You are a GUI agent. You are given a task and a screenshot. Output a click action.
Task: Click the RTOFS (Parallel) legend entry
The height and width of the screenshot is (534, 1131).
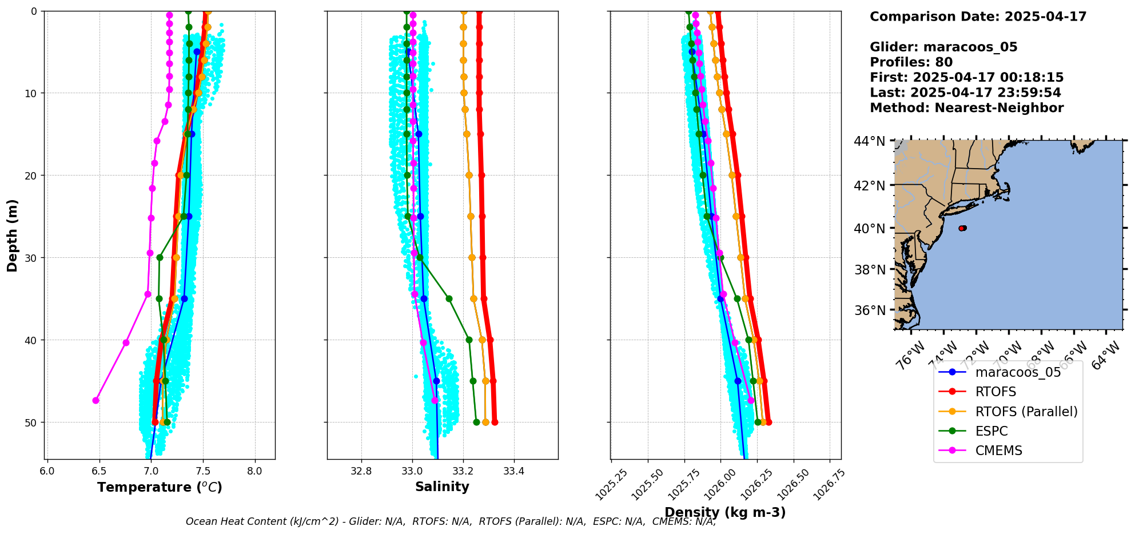[x=1026, y=412]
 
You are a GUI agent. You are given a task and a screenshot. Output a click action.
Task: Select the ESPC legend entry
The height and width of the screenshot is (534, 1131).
[x=991, y=431]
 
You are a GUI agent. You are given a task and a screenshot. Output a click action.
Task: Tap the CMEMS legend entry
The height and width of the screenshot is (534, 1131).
[x=998, y=451]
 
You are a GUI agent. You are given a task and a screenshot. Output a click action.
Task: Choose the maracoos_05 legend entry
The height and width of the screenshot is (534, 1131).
[x=1018, y=372]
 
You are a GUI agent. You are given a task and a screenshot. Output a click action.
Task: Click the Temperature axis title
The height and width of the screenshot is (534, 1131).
[x=160, y=487]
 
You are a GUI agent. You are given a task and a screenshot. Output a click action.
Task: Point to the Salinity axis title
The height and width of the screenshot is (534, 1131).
[x=442, y=487]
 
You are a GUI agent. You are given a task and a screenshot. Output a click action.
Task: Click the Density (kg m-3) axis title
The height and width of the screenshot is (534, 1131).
[x=725, y=512]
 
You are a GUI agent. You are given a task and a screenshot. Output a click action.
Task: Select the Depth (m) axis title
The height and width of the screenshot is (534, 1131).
[x=13, y=235]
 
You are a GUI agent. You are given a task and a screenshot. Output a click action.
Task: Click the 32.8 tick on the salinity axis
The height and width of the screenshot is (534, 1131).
[x=361, y=471]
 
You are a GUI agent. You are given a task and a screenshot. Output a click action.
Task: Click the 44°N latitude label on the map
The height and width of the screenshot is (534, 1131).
[x=869, y=141]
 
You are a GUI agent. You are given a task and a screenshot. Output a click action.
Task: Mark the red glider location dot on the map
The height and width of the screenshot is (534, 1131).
[x=962, y=228]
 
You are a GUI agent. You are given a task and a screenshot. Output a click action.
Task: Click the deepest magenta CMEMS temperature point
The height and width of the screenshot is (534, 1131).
[x=95, y=400]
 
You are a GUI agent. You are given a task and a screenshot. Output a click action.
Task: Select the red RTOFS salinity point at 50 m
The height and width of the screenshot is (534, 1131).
[x=495, y=423]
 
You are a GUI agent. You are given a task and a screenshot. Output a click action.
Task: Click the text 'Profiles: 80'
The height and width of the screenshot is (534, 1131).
[x=911, y=62]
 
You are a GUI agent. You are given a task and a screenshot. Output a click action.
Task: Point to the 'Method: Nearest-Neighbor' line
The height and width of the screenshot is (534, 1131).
[x=966, y=108]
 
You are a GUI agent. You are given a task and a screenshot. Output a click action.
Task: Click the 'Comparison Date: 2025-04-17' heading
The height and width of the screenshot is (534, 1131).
[x=978, y=17]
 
